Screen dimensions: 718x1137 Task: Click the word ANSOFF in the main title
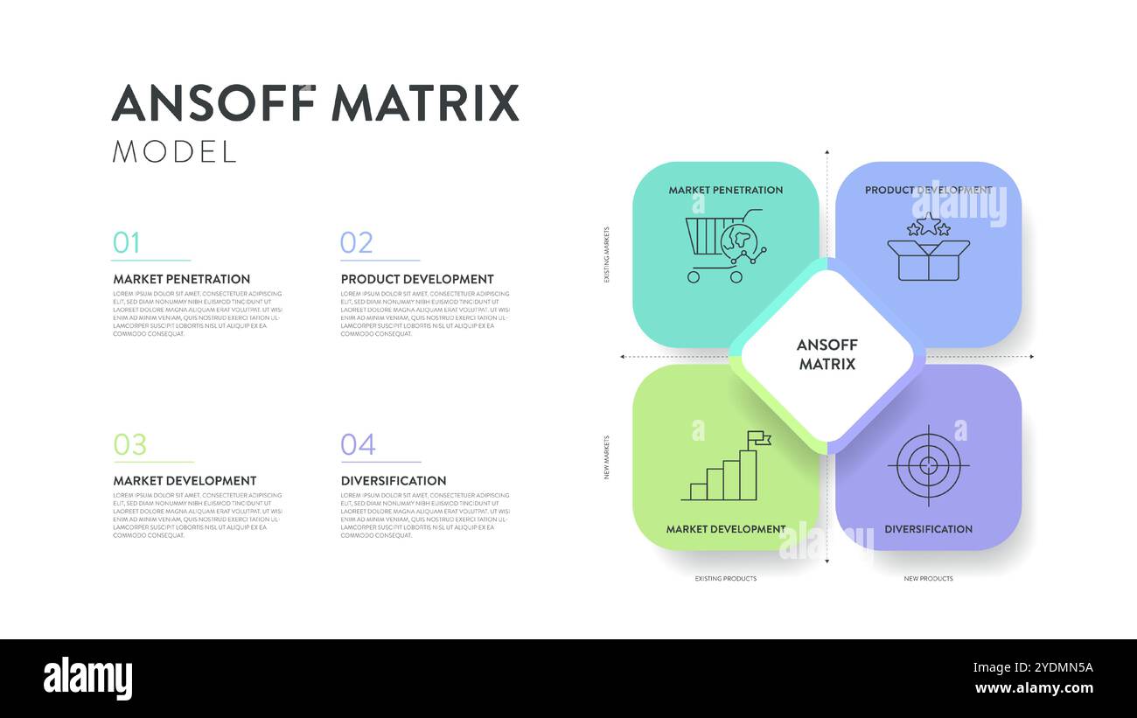213,104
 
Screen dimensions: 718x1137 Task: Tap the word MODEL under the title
174,152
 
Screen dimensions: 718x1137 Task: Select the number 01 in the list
126,242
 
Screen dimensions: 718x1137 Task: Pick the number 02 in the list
356,242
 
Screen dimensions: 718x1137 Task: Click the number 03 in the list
129,444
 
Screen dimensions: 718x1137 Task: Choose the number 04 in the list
358,444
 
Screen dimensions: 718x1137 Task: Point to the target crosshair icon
928,465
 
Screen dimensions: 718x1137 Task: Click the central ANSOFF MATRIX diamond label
827,354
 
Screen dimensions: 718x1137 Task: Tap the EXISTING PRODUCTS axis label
726,579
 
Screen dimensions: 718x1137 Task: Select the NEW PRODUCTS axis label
928,579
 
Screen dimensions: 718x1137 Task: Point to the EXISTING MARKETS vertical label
607,254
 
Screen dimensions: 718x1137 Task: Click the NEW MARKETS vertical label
607,457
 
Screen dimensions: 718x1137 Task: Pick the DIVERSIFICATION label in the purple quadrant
928,529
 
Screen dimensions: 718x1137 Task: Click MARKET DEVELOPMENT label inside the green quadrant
725,529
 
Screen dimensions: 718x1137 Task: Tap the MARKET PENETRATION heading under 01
181,279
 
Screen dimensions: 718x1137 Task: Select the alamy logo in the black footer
87,679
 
